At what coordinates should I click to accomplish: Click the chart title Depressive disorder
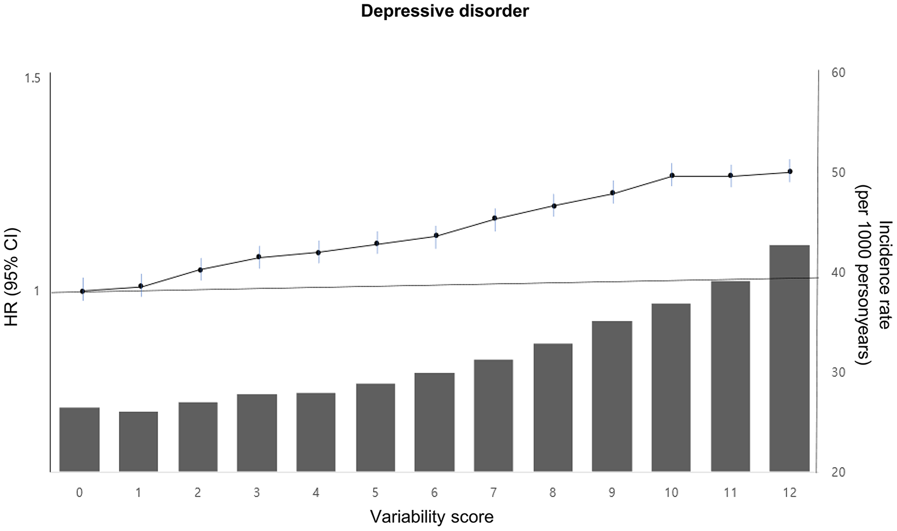tap(444, 11)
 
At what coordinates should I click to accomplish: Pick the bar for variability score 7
tap(493, 416)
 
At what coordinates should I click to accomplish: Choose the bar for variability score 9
tap(612, 396)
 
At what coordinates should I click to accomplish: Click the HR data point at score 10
tap(672, 175)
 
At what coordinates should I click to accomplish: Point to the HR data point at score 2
tap(200, 269)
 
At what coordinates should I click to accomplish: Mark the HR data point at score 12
tap(790, 172)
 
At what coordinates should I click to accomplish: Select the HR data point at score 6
tap(436, 235)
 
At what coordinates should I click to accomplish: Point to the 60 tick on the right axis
tap(838, 73)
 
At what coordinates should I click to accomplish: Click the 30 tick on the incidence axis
tap(838, 373)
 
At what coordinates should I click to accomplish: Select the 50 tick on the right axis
tap(838, 173)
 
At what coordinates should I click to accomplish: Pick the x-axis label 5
tap(375, 493)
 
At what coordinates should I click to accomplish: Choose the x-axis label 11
tap(730, 493)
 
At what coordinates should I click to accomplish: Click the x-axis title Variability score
tap(431, 517)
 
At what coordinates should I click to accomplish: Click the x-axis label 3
tap(257, 493)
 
